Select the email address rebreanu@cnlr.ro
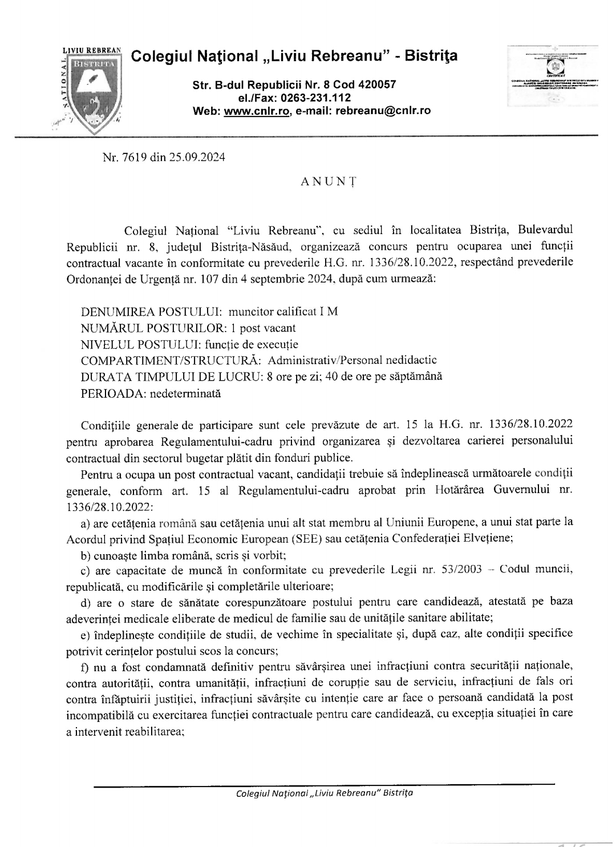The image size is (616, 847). click(x=383, y=111)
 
